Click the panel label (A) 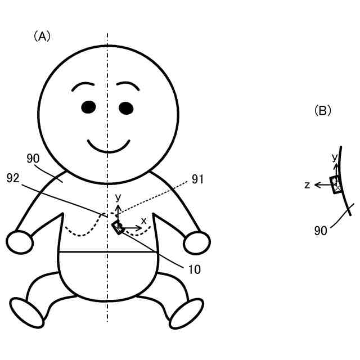point(42,37)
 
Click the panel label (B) point(322,110)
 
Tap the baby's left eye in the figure point(88,107)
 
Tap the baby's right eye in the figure point(126,107)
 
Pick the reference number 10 point(194,269)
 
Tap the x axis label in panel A point(143,220)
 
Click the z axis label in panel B point(307,184)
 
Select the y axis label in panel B point(335,157)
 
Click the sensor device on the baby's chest point(118,227)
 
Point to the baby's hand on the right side point(197,242)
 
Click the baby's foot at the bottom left point(27,313)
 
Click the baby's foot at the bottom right point(187,313)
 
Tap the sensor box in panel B point(336,184)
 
